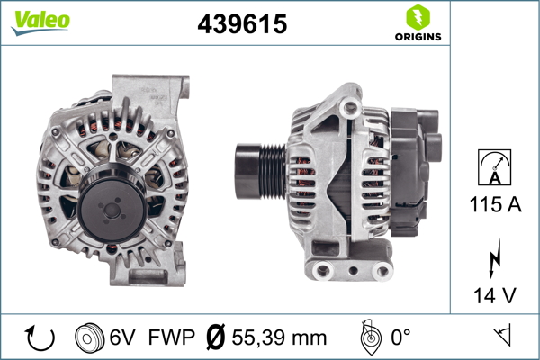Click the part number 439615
coord(242,25)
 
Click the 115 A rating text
coord(494,205)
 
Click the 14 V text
coord(494,295)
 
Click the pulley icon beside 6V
coord(87,338)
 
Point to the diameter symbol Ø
coord(215,338)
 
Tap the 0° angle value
coord(401,338)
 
